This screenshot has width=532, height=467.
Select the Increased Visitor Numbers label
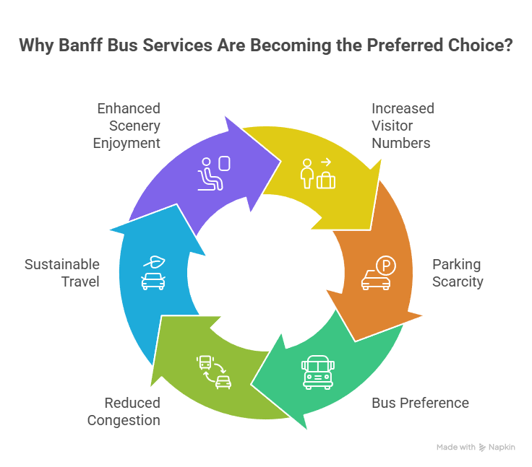[x=402, y=125]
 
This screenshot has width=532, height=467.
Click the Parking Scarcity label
[x=457, y=272]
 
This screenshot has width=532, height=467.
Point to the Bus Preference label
[x=419, y=403]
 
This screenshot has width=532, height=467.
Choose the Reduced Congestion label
[x=124, y=411]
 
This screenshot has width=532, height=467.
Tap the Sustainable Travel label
[x=62, y=273]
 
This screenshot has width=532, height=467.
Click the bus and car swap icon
[x=214, y=372]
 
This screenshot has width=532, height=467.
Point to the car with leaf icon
[x=153, y=273]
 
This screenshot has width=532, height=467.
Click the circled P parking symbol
[x=387, y=266]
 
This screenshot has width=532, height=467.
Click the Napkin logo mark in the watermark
[x=482, y=448]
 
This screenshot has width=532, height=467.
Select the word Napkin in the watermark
[x=502, y=448]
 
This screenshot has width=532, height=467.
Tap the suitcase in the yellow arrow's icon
[x=326, y=180]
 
